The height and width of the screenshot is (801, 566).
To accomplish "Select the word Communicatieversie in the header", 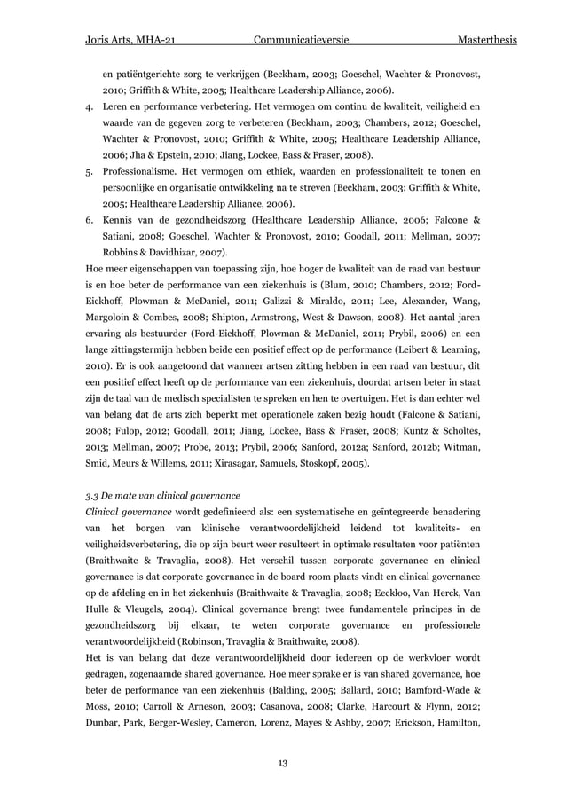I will [x=300, y=42].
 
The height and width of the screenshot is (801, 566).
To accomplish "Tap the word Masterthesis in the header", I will [x=487, y=42].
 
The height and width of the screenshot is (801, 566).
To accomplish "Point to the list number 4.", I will [x=88, y=106].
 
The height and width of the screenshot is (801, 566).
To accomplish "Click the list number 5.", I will [x=88, y=171].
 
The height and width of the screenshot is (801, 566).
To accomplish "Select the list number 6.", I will [x=88, y=219].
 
